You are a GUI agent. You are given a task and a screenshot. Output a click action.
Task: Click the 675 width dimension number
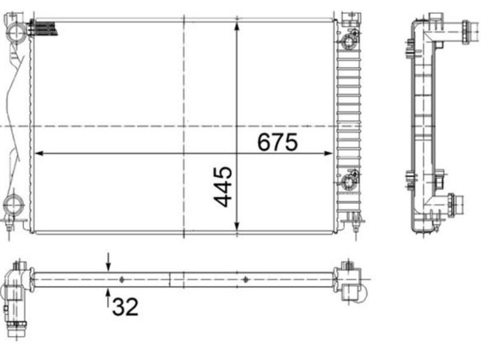click(x=278, y=142)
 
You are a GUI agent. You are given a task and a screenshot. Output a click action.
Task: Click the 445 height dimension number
click(x=223, y=187)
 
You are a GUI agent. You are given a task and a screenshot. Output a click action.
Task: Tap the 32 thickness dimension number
click(x=125, y=306)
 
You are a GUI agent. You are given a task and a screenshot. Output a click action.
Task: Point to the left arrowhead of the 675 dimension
click(x=39, y=153)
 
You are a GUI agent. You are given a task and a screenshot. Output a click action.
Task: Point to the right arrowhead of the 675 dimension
click(x=328, y=153)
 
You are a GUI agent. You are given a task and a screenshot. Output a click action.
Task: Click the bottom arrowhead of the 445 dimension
click(x=237, y=226)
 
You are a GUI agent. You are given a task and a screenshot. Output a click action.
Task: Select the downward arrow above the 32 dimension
click(x=108, y=262)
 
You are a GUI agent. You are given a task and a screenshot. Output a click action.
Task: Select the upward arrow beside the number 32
click(x=108, y=298)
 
